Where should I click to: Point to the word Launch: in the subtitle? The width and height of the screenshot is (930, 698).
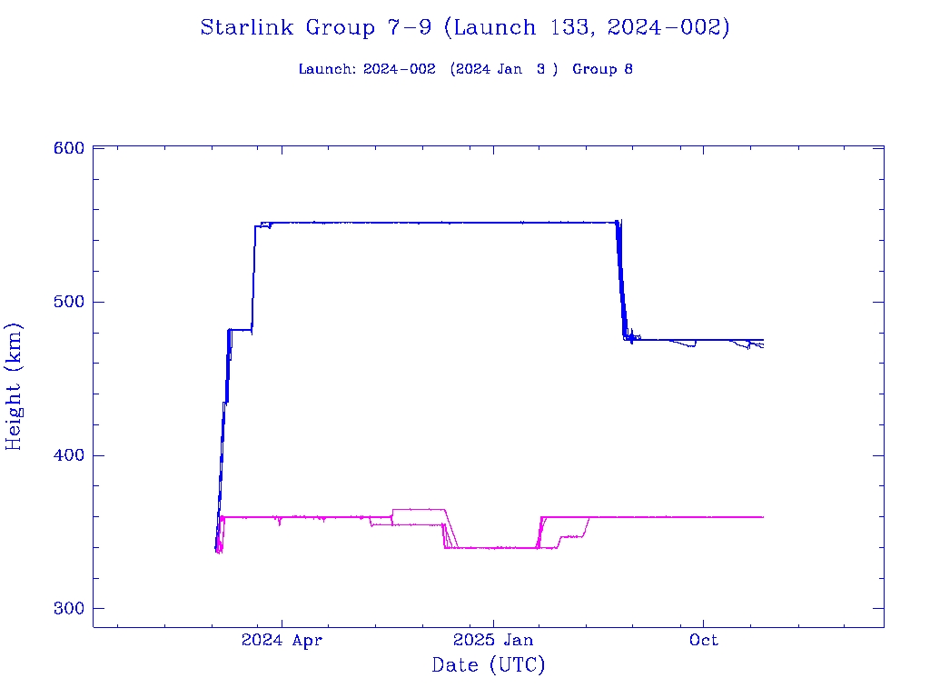pyautogui.click(x=328, y=69)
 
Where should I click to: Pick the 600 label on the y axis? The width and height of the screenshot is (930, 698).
pyautogui.click(x=68, y=148)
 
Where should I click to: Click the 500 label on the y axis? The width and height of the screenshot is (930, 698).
pyautogui.click(x=68, y=302)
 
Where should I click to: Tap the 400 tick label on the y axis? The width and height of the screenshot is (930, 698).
pyautogui.click(x=68, y=455)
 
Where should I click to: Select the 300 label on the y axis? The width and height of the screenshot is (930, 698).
pyautogui.click(x=68, y=609)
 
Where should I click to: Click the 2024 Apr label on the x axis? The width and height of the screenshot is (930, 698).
pyautogui.click(x=282, y=641)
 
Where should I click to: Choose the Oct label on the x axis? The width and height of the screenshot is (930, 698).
pyautogui.click(x=704, y=641)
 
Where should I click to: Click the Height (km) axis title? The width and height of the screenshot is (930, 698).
pyautogui.click(x=14, y=386)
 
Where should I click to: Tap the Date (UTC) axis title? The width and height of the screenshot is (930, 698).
pyautogui.click(x=489, y=665)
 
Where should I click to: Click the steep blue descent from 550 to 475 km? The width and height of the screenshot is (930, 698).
pyautogui.click(x=622, y=282)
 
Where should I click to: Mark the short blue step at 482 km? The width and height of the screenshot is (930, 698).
pyautogui.click(x=241, y=329)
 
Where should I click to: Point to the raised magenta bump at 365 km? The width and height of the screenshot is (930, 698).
pyautogui.click(x=418, y=510)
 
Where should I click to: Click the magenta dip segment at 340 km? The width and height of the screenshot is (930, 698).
pyautogui.click(x=495, y=548)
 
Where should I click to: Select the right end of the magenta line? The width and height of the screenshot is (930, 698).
pyautogui.click(x=762, y=516)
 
